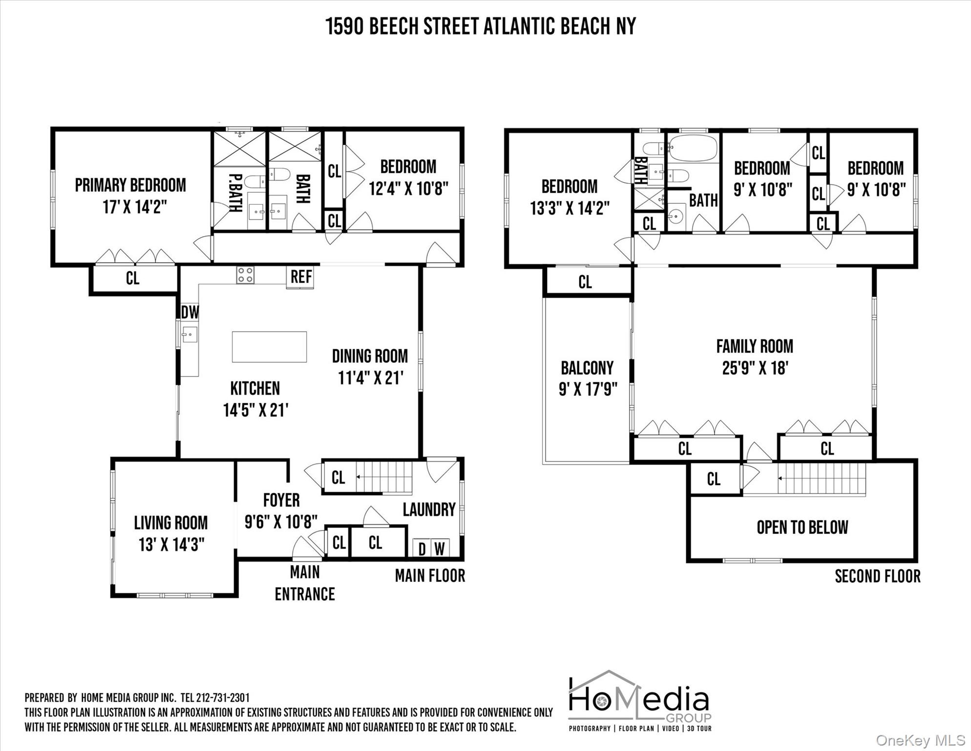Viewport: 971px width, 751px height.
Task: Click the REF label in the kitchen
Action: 301,277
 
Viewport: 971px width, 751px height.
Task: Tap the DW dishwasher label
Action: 190,312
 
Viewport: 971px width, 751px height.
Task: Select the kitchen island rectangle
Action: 269,347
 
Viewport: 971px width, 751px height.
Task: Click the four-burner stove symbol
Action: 245,275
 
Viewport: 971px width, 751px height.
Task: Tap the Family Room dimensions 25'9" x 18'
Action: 755,368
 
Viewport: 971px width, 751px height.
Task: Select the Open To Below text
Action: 802,528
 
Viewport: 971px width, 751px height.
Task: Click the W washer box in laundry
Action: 440,549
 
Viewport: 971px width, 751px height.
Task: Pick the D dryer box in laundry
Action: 422,549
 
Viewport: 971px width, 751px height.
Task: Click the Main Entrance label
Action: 305,583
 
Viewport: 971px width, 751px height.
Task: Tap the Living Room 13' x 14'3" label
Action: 171,533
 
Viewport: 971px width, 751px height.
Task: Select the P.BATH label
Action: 236,193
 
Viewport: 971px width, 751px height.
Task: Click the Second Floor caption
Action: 877,576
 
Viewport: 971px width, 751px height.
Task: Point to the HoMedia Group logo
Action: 639,701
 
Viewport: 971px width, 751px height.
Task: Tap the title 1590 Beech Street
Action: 481,26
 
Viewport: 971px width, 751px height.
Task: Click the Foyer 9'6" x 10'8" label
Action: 281,511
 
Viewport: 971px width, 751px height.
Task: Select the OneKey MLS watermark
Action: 921,741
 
